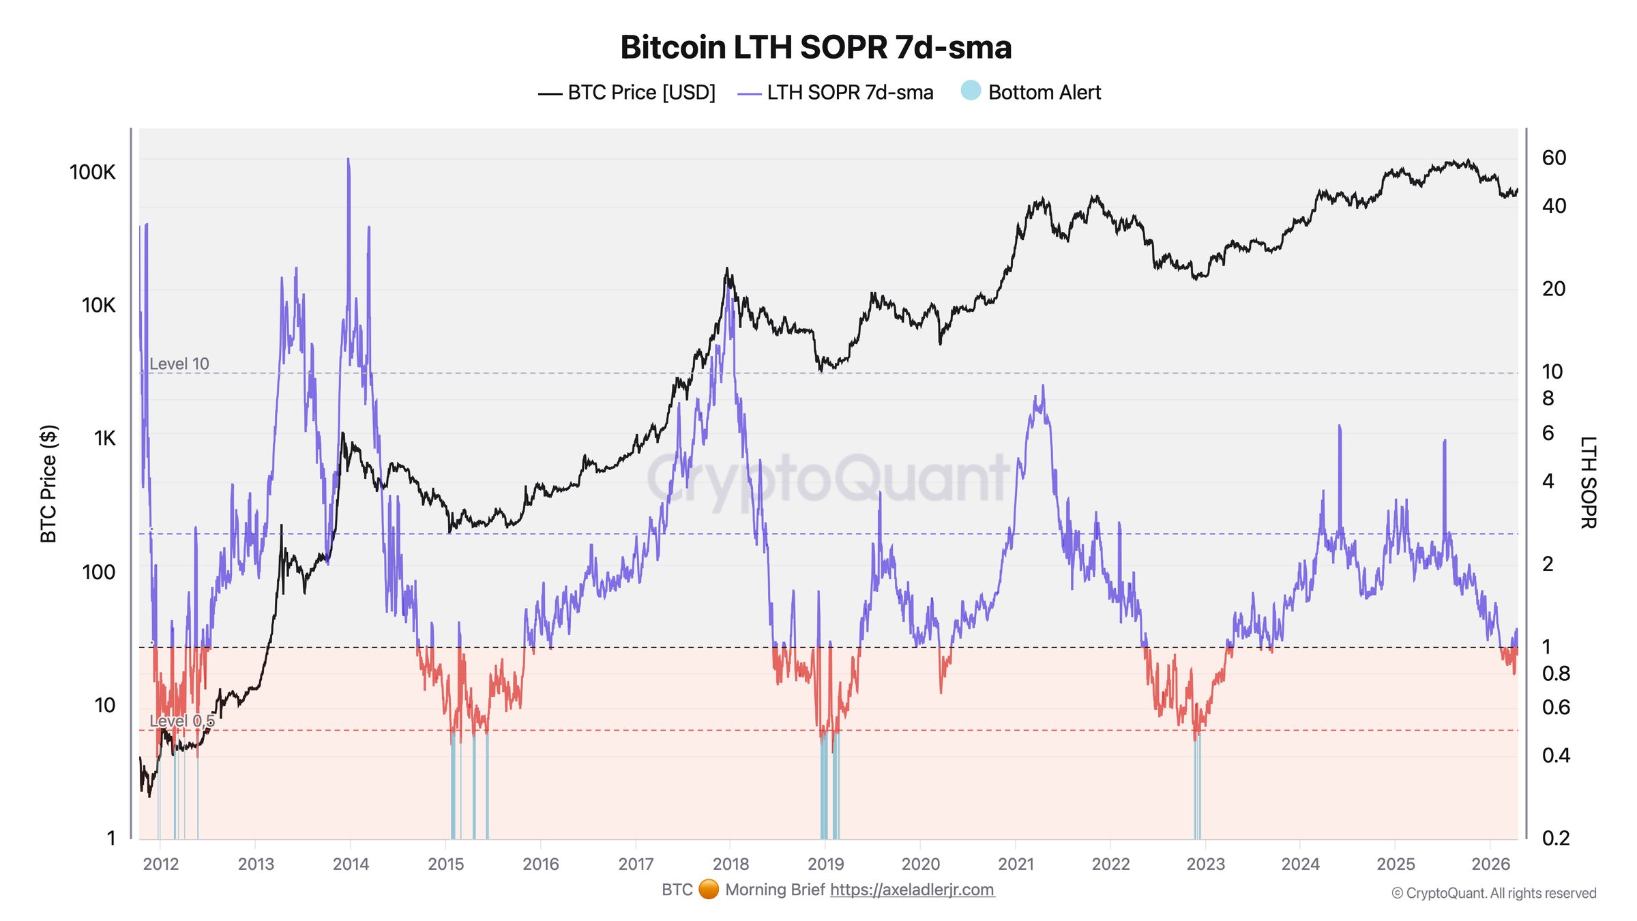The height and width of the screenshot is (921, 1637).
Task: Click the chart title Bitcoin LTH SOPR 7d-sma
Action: tap(815, 48)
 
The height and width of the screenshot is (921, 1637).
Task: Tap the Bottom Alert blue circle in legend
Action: tap(970, 91)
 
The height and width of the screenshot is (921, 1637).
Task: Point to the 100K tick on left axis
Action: tap(93, 172)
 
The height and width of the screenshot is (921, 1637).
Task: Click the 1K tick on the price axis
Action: tap(104, 438)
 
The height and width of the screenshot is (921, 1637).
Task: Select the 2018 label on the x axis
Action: tap(731, 864)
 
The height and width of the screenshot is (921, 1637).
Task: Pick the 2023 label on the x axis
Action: tap(1205, 864)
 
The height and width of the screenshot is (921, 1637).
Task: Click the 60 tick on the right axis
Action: tap(1554, 158)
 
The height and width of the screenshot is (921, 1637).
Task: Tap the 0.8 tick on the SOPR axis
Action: tap(1556, 673)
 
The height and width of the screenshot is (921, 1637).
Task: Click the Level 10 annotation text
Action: tap(179, 364)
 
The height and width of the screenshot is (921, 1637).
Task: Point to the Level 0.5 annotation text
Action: tap(181, 720)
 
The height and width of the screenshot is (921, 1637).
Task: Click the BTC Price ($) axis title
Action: tap(48, 484)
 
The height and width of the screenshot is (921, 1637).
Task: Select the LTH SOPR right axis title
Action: tap(1588, 482)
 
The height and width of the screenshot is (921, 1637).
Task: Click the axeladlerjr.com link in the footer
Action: tap(912, 890)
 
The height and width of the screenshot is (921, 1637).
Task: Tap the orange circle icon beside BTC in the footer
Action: tap(709, 890)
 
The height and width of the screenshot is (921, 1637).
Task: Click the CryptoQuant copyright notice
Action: tap(1494, 893)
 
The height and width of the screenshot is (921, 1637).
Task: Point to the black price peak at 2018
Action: tap(727, 269)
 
